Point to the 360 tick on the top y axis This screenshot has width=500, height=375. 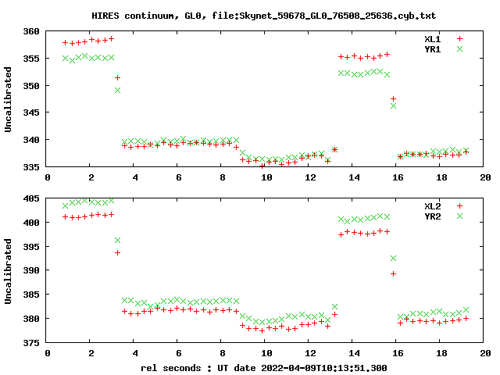[32, 32]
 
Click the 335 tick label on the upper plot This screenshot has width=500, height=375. [32, 167]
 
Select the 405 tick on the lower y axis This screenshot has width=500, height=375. [32, 199]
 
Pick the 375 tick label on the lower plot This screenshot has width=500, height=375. [32, 343]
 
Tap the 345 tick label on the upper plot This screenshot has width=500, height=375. [32, 113]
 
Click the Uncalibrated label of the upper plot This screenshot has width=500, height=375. [9, 99]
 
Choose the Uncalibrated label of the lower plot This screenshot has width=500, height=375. [9, 271]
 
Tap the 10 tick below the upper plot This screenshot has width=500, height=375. [266, 178]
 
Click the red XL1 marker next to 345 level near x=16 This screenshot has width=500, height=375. [393, 99]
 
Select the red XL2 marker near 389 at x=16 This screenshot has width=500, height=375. [393, 273]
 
